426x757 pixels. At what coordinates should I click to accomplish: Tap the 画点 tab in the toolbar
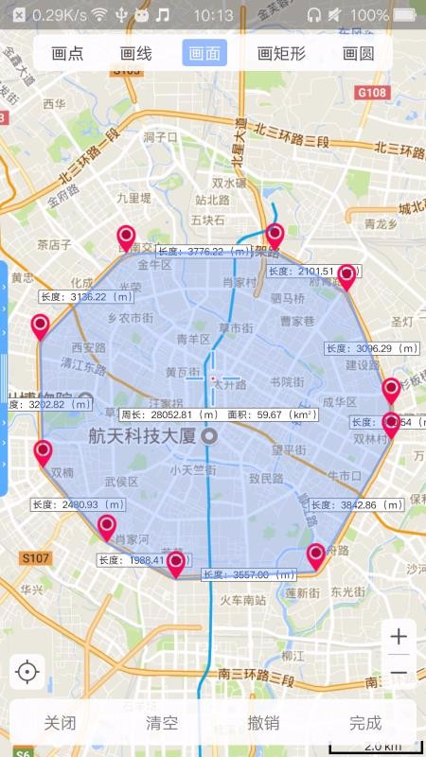coord(67,54)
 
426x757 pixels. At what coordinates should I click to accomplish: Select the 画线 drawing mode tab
coord(135,54)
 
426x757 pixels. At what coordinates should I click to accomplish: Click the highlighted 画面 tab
coord(204,54)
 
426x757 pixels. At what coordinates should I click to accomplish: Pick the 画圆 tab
coord(358,54)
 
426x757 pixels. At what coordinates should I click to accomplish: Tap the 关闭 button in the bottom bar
coord(60,724)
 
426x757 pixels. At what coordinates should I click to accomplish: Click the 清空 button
coord(161,724)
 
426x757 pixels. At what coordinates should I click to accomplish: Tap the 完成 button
coord(364,724)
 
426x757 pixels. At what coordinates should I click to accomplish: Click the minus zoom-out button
coord(399,673)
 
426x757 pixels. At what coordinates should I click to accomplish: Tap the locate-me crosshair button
coord(27,672)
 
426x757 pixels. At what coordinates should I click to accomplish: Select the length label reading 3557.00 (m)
coord(248,574)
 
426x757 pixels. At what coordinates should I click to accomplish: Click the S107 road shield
coord(35,558)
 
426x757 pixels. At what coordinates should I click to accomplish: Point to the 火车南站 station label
coord(242,600)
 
